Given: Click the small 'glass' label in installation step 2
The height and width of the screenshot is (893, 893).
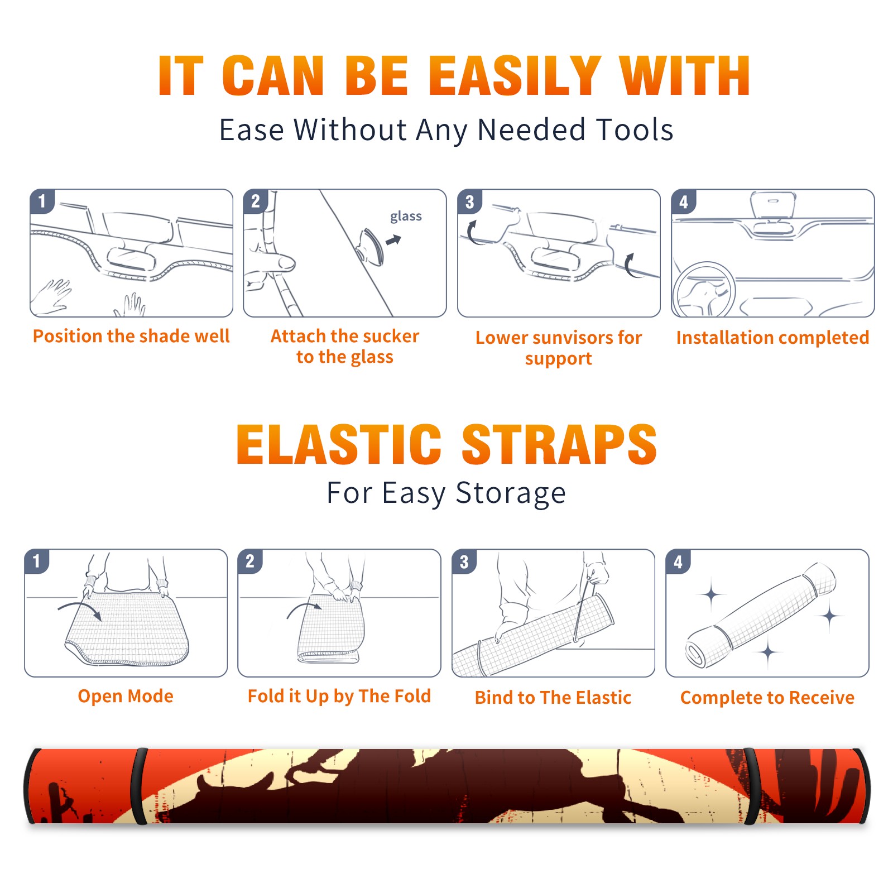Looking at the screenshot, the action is click(406, 216).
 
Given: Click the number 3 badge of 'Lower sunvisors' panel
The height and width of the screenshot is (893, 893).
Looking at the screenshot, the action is click(469, 201).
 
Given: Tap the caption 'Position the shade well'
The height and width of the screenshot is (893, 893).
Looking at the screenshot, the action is click(131, 336).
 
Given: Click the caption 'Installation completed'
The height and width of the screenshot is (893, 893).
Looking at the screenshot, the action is click(772, 338).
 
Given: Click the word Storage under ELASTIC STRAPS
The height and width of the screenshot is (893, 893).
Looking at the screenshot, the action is click(511, 493).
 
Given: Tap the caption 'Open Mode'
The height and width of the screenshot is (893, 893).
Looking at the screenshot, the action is click(126, 696).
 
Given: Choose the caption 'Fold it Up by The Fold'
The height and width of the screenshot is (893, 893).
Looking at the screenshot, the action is click(339, 696).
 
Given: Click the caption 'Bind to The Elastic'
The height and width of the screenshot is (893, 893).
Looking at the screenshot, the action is click(553, 698).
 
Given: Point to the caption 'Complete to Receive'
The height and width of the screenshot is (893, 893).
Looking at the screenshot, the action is click(767, 698).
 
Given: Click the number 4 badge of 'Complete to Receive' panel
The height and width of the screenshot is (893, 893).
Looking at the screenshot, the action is click(678, 561).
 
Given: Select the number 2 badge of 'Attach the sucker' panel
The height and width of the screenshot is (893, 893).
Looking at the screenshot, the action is click(255, 201).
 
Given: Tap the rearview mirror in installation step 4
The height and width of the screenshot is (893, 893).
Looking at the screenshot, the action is click(773, 205).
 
